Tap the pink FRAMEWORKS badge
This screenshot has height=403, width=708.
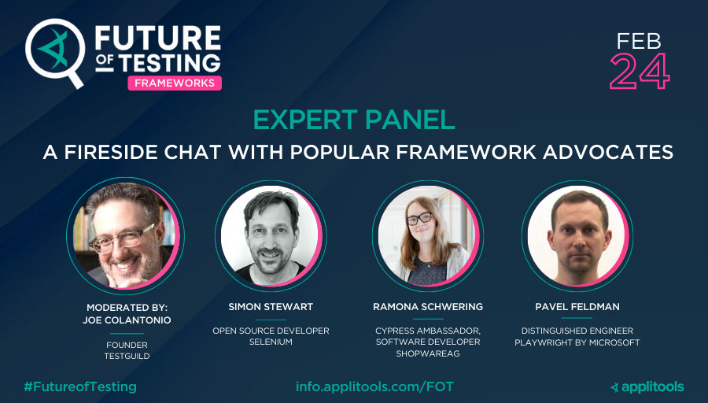(x=175, y=83)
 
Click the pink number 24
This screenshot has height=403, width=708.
(x=640, y=72)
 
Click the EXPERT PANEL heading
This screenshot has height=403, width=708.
(x=354, y=120)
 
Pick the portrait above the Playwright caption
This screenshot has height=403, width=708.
(x=577, y=235)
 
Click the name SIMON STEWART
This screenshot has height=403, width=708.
(x=271, y=306)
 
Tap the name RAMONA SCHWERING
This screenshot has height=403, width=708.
(x=428, y=306)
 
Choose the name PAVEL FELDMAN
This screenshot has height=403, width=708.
(x=577, y=306)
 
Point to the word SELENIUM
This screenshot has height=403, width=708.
(x=271, y=342)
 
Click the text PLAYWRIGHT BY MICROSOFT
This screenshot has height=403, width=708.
(x=577, y=342)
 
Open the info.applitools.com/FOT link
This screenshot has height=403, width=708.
(x=374, y=386)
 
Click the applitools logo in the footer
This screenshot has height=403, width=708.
(x=647, y=386)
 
